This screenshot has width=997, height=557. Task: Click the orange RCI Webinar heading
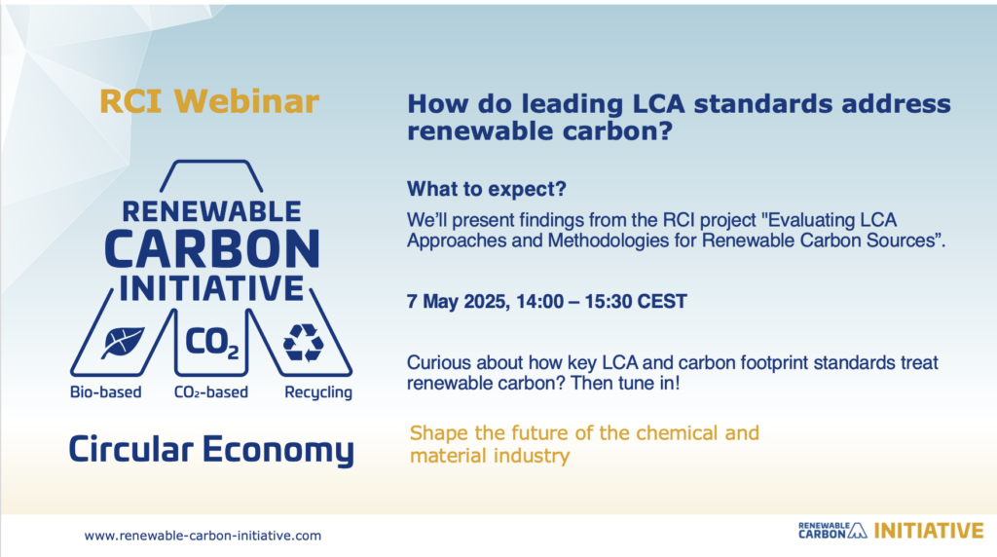click(209, 101)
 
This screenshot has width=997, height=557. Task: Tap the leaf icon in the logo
click(123, 343)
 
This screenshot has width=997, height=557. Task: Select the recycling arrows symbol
click(304, 343)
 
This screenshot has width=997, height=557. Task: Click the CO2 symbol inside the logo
click(212, 343)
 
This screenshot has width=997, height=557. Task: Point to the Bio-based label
click(105, 392)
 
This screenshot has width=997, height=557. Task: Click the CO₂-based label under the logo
click(211, 392)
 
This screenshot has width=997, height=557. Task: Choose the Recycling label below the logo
click(318, 393)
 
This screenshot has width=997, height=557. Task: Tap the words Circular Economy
click(211, 450)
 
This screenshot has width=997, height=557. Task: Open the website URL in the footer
click(203, 536)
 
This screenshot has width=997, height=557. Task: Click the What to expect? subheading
click(487, 189)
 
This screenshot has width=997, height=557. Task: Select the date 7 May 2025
click(457, 302)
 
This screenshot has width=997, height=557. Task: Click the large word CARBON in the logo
click(212, 248)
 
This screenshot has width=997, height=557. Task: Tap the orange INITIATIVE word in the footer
click(929, 531)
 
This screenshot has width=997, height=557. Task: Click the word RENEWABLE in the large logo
click(211, 211)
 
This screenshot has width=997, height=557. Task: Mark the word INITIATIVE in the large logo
click(211, 288)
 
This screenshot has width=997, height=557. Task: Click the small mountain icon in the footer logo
click(858, 532)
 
